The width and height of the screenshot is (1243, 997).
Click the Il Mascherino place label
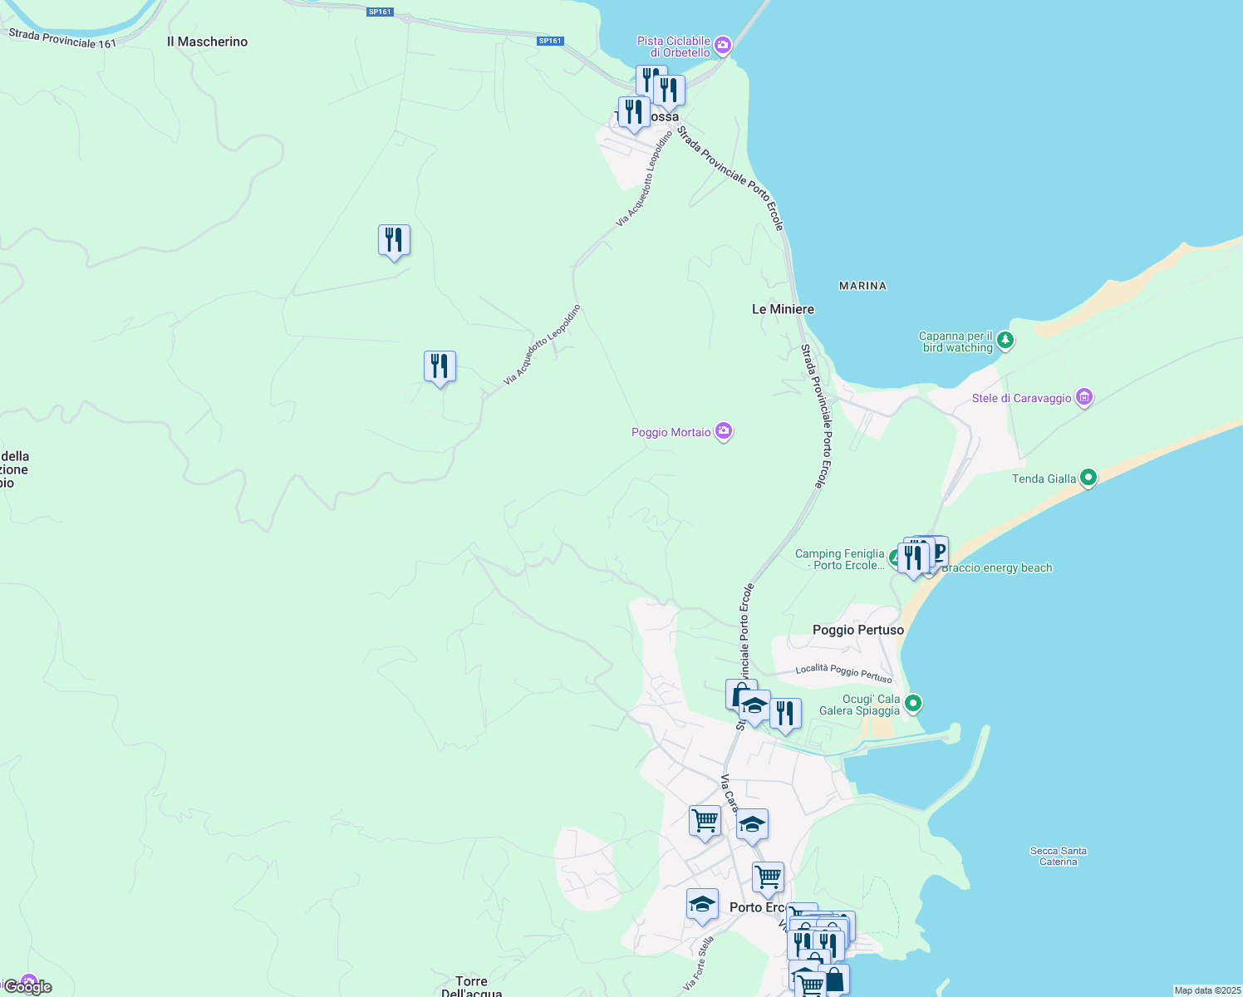tap(207, 42)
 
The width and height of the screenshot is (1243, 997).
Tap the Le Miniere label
tap(783, 309)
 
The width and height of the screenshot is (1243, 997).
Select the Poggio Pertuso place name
tap(857, 630)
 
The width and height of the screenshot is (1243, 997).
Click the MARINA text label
tap(862, 286)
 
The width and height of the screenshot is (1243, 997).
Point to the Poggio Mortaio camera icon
tap(724, 431)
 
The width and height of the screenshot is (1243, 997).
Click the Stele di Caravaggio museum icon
tap(1083, 397)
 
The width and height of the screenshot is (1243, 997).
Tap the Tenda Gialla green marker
tap(1088, 478)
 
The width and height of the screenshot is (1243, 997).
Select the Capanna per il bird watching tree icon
tap(1005, 340)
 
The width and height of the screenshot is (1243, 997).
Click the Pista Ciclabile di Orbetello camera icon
tap(722, 45)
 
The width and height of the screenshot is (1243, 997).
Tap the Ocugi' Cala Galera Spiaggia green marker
tap(912, 704)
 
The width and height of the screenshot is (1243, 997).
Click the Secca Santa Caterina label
tap(1058, 856)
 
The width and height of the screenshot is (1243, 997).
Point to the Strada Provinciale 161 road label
tap(62, 38)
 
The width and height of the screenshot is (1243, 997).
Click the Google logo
tap(27, 987)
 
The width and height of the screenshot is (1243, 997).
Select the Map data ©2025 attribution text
tap(1207, 990)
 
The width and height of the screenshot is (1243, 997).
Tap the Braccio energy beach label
tap(996, 568)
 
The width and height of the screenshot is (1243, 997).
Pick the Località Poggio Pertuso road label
tap(843, 673)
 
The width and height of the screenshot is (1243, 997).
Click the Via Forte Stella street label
tap(698, 963)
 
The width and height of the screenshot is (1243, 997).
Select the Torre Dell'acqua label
tap(471, 987)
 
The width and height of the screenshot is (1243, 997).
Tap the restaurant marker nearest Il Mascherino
tap(394, 241)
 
